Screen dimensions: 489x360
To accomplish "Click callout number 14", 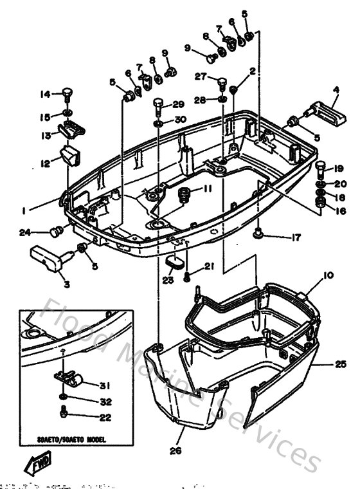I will click(x=45, y=95).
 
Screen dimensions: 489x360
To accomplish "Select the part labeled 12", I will click(x=69, y=154).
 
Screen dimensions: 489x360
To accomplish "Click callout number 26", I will click(x=175, y=452).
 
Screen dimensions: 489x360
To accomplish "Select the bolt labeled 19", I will click(x=319, y=169).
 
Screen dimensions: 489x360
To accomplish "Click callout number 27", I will click(x=201, y=77).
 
